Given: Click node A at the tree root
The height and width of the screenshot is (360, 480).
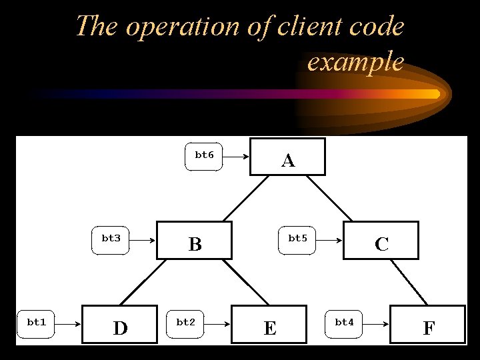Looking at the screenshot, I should coord(287,157).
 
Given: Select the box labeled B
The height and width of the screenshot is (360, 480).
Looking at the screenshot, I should coord(194,240).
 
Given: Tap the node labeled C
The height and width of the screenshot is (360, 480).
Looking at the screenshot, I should coord(381,241).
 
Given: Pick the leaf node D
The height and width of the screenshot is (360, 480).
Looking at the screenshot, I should coord(119,325).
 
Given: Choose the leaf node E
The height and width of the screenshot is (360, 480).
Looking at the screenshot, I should coord(269,325).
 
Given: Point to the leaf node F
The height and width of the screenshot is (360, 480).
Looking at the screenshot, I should coord(427,325).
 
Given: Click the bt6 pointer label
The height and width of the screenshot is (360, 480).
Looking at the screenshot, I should coord(203,156).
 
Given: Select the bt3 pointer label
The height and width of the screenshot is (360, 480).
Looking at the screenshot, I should coord(111,239).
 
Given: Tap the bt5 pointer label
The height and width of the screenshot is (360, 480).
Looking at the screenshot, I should coord(297,239).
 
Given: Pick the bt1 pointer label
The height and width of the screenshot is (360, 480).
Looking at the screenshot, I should coord(36,323).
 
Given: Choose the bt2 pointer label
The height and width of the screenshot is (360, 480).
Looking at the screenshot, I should coord(185,323).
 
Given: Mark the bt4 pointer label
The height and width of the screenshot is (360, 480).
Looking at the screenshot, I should coord(344,323).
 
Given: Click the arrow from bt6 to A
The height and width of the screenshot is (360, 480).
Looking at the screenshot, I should coord(236,157).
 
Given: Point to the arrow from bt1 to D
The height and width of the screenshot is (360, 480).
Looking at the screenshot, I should coord(67,324).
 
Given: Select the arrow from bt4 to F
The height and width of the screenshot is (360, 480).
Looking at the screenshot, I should coord(375,324).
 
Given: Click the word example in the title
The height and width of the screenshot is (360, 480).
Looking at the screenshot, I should coord(355,62).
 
